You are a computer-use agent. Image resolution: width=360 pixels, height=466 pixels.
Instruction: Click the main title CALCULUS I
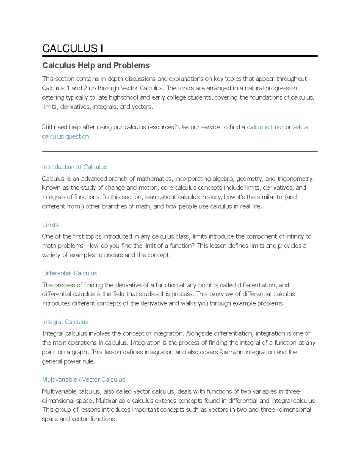coord(73,48)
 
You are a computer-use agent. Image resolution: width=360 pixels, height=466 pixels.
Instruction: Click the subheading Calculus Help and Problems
coord(96,65)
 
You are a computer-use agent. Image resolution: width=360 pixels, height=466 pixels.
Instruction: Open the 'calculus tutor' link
coord(265,127)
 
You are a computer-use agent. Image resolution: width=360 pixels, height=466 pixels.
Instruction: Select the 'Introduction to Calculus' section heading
coord(74,167)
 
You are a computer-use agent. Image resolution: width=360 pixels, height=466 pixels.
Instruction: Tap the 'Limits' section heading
coord(50,225)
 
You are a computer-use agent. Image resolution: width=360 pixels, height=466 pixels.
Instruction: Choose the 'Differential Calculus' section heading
coord(70,273)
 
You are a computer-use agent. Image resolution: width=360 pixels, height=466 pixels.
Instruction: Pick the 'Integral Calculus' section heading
coord(65,322)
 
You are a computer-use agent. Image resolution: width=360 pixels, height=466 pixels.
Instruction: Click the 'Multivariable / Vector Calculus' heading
coord(83,380)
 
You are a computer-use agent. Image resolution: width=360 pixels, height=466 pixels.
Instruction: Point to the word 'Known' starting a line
coord(51,188)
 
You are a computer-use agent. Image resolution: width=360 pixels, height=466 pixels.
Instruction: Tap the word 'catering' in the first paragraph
coord(53,98)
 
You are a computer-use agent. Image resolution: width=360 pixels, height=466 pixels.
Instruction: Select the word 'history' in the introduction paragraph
coord(211,197)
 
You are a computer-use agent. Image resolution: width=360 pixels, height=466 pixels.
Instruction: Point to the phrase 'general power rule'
coord(68,362)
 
